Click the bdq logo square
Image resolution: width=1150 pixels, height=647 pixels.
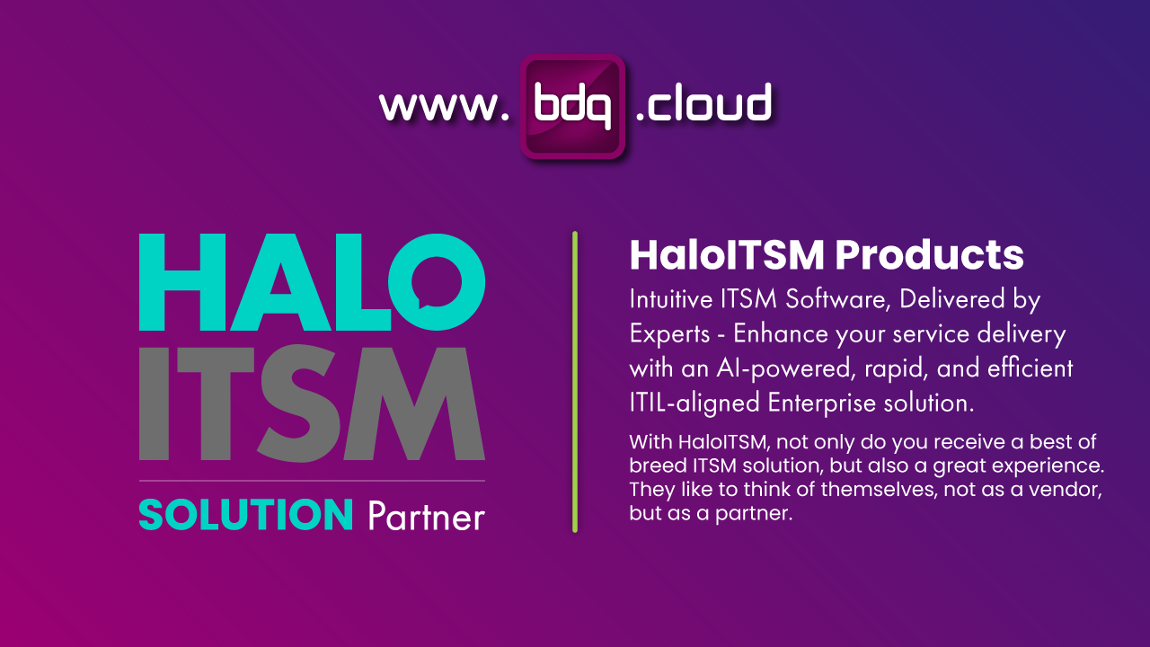pyautogui.click(x=572, y=107)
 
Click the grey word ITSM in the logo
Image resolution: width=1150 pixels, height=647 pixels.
pyautogui.click(x=312, y=403)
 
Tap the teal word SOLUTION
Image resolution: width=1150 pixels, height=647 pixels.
pyautogui.click(x=245, y=515)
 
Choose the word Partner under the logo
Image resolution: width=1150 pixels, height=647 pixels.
pyautogui.click(x=427, y=517)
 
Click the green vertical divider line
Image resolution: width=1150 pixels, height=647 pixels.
pyautogui.click(x=575, y=382)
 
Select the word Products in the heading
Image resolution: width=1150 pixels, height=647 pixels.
pyautogui.click(x=929, y=255)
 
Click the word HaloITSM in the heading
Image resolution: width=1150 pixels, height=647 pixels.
pyautogui.click(x=727, y=255)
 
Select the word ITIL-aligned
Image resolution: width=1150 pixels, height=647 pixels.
pyautogui.click(x=694, y=403)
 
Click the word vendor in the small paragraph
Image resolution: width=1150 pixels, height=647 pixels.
pyautogui.click(x=1075, y=492)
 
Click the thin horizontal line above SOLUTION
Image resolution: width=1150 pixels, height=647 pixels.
pyautogui.click(x=312, y=481)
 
